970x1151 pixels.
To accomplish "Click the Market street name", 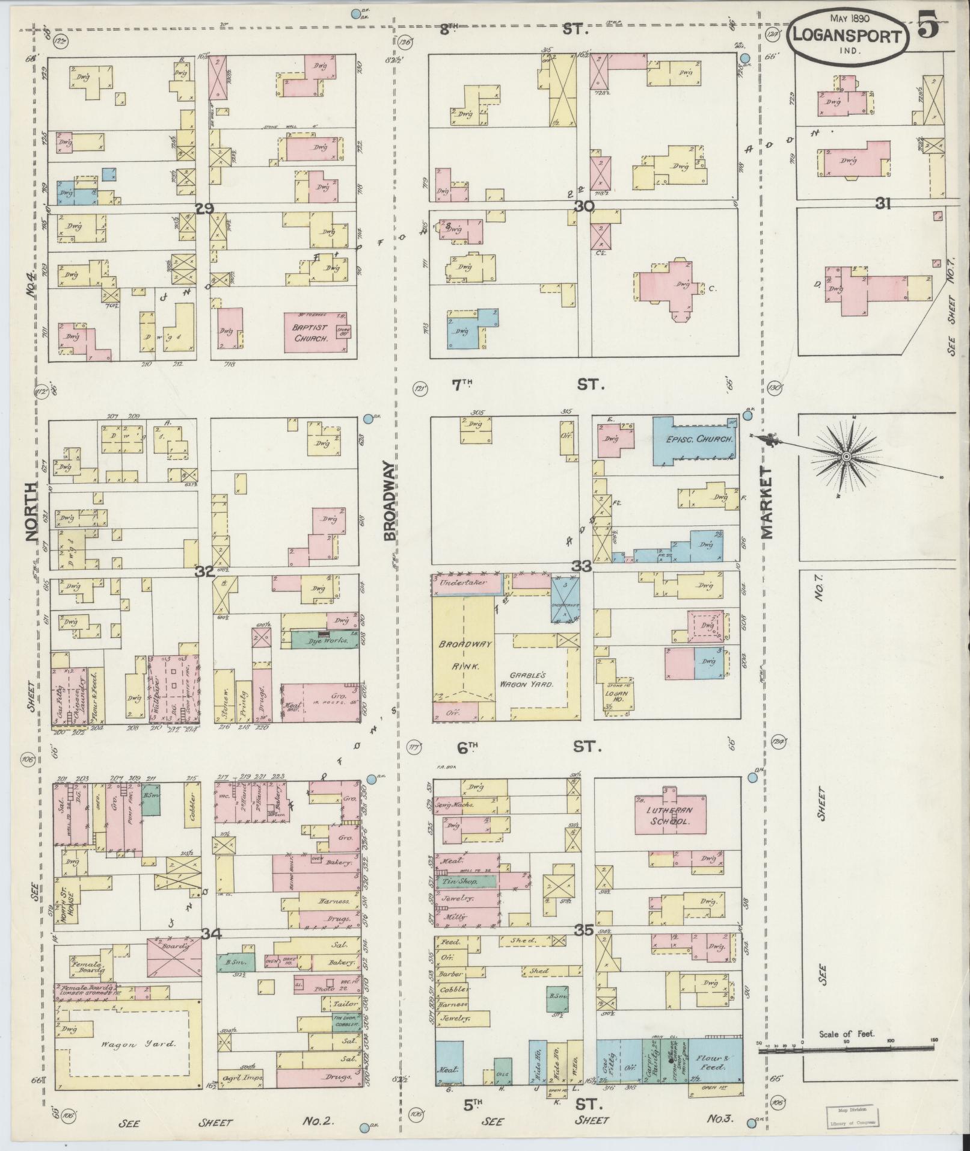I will click(x=768, y=503).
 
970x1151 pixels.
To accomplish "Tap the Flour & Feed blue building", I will click(x=714, y=1062).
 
